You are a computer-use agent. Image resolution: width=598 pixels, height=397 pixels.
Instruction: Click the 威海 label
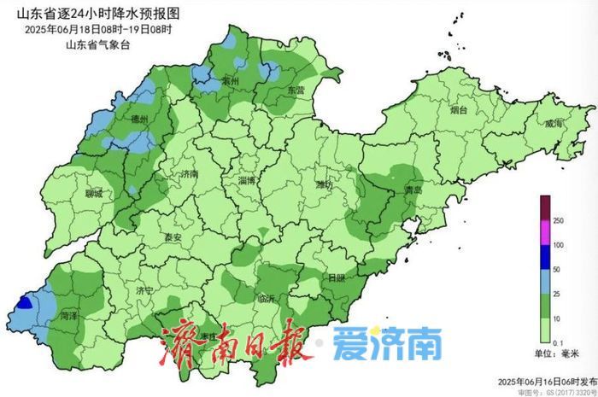(554, 125)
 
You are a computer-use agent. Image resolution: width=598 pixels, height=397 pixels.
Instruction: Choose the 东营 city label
(295, 90)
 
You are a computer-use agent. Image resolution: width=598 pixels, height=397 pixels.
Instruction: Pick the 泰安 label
(174, 236)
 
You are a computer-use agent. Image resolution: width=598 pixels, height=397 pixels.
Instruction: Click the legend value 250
(558, 221)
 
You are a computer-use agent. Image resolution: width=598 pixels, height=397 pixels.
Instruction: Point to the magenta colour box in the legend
(544, 233)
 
